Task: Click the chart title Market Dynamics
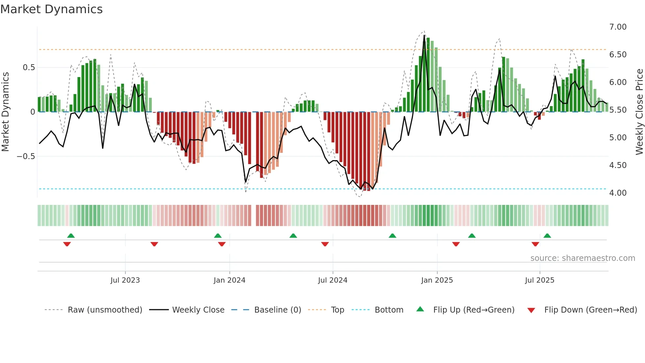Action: pyautogui.click(x=51, y=9)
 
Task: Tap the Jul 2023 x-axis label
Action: pyautogui.click(x=125, y=280)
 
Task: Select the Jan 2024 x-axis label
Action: pyautogui.click(x=229, y=280)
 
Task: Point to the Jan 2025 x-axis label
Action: pyautogui.click(x=437, y=280)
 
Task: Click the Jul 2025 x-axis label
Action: pyautogui.click(x=540, y=280)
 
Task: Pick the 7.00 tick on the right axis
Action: pyautogui.click(x=618, y=27)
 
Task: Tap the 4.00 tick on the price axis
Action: pyautogui.click(x=618, y=193)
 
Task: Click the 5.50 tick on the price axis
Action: pyautogui.click(x=618, y=110)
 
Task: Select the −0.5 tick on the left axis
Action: pyautogui.click(x=26, y=156)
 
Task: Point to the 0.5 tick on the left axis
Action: pyautogui.click(x=29, y=68)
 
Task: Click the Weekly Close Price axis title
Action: pyautogui.click(x=639, y=112)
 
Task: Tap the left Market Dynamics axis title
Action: pyautogui.click(x=5, y=112)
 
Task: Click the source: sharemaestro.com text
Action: pyautogui.click(x=582, y=258)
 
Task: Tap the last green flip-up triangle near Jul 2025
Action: pyautogui.click(x=547, y=236)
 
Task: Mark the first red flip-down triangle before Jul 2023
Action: pyautogui.click(x=67, y=244)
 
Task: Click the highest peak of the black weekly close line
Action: pyautogui.click(x=424, y=36)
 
